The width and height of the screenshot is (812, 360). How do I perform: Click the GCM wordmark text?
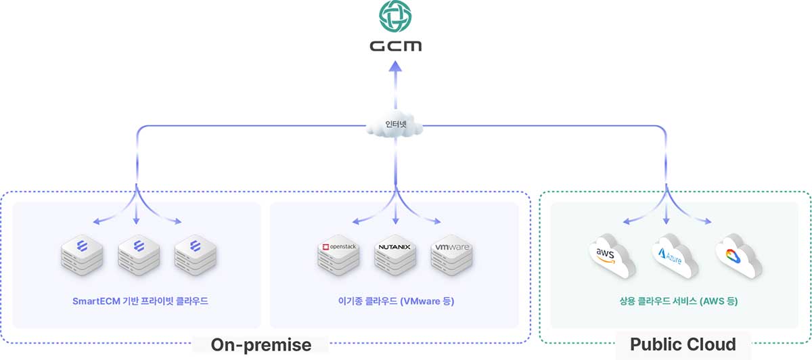point(396,46)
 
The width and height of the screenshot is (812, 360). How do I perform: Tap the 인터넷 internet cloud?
point(396,126)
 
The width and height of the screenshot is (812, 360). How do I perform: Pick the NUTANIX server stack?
point(394,258)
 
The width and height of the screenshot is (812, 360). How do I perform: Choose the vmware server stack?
point(451,258)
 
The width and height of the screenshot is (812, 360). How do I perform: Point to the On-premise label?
point(261,344)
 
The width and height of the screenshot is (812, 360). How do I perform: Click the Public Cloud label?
point(683,344)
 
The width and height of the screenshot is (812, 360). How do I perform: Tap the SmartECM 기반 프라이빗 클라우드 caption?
point(140,300)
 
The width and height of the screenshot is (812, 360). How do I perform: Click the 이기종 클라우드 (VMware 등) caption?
point(395,300)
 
